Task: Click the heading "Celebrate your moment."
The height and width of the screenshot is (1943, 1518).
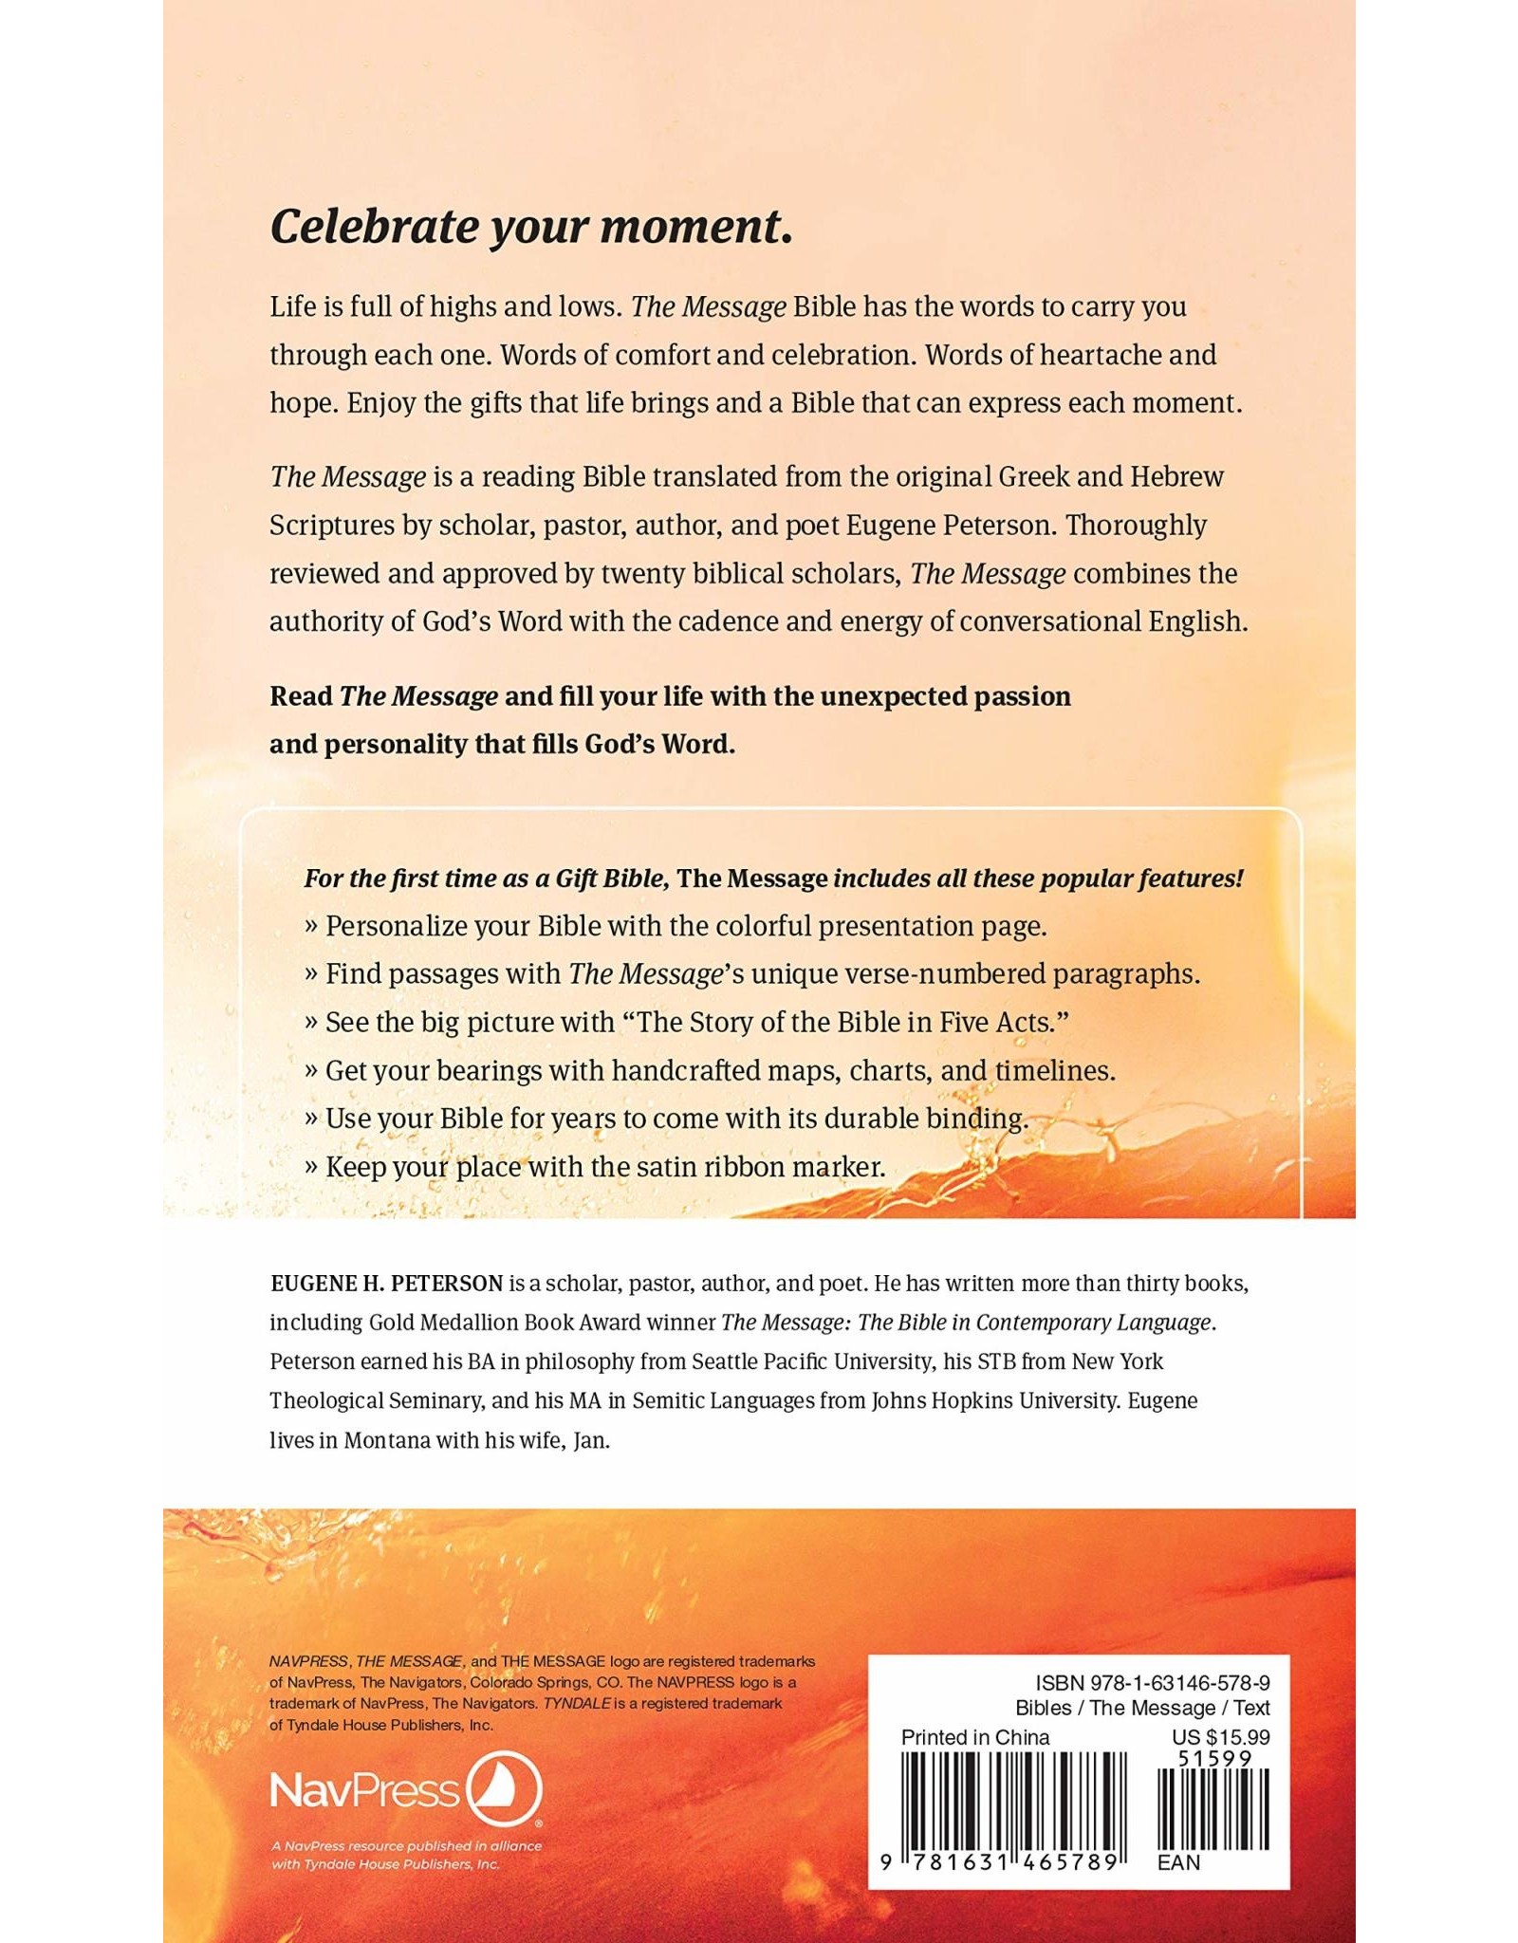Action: pyautogui.click(x=531, y=228)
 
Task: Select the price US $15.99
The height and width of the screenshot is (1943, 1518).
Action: pyautogui.click(x=1220, y=1737)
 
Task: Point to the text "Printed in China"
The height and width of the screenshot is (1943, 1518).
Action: pyautogui.click(x=975, y=1737)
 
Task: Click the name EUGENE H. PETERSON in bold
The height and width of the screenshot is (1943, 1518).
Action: pyautogui.click(x=386, y=1284)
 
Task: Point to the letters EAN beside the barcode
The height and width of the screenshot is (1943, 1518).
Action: pyautogui.click(x=1178, y=1862)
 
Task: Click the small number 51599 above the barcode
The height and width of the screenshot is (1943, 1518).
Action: pyautogui.click(x=1214, y=1758)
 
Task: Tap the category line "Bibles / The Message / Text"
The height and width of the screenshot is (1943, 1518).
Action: pyautogui.click(x=1142, y=1708)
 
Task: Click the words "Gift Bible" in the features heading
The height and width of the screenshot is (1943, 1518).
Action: pyautogui.click(x=612, y=879)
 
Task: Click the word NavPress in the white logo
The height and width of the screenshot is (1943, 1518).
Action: pyautogui.click(x=365, y=1791)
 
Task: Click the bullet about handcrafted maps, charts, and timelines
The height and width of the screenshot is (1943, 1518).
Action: pyautogui.click(x=719, y=1070)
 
